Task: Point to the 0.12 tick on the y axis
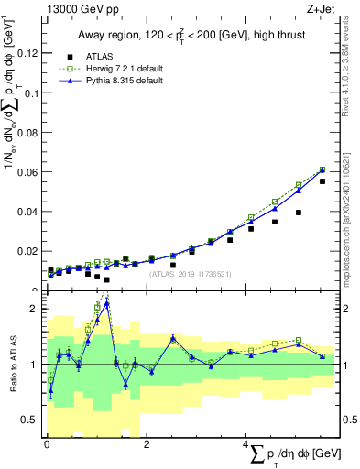(x=29, y=54)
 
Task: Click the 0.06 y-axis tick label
(x=29, y=172)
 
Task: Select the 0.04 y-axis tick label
(x=29, y=212)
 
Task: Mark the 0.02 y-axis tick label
(x=29, y=251)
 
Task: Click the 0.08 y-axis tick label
(x=29, y=133)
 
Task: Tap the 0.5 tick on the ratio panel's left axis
(x=33, y=420)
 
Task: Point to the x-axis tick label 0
(x=47, y=444)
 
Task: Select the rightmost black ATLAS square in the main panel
(x=322, y=181)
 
